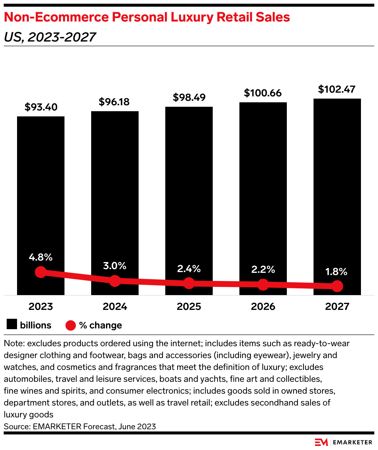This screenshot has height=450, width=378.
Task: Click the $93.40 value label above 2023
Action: (41, 107)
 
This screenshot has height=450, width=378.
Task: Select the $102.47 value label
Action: (337, 89)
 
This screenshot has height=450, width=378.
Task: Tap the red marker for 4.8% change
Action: (41, 272)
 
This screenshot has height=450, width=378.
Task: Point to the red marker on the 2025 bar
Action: (189, 283)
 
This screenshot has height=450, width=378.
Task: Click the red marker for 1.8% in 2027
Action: (337, 286)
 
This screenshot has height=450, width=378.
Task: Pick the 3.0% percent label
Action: (115, 266)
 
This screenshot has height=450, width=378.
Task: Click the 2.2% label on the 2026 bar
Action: (263, 269)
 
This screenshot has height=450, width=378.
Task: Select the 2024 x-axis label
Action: (115, 307)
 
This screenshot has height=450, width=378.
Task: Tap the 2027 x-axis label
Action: (337, 307)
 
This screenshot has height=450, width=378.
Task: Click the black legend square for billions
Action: (12, 325)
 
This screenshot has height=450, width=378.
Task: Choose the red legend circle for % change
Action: (70, 325)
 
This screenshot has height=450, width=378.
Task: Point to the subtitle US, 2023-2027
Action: (50, 37)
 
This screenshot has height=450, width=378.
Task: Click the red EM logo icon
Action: (321, 442)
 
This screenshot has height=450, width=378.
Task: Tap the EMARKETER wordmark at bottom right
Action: (352, 442)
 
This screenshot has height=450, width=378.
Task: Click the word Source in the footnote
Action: (16, 426)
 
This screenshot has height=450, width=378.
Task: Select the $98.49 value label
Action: (189, 97)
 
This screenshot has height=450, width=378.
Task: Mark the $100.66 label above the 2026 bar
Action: (263, 93)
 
